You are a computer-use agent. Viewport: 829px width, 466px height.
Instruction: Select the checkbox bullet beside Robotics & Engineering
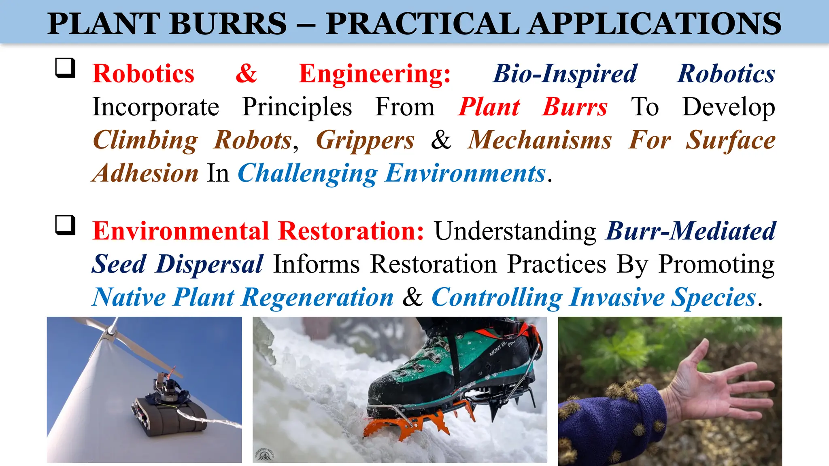65,68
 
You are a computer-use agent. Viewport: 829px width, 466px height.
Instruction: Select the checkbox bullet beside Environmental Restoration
65,225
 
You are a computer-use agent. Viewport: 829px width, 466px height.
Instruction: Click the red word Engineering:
374,74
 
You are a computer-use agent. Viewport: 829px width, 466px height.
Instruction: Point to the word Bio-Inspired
565,74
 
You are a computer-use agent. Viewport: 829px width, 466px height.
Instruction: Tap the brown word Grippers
365,140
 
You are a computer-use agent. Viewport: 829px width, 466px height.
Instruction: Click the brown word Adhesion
145,174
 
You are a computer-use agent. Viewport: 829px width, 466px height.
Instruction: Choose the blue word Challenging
308,174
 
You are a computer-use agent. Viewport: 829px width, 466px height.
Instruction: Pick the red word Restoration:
351,231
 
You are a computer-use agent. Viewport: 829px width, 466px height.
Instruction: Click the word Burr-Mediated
691,231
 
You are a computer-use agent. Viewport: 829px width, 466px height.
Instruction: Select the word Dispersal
210,264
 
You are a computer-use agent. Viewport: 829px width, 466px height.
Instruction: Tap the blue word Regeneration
317,297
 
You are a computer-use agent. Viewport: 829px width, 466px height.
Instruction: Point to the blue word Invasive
617,297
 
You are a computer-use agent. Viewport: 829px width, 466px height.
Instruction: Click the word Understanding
515,231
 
